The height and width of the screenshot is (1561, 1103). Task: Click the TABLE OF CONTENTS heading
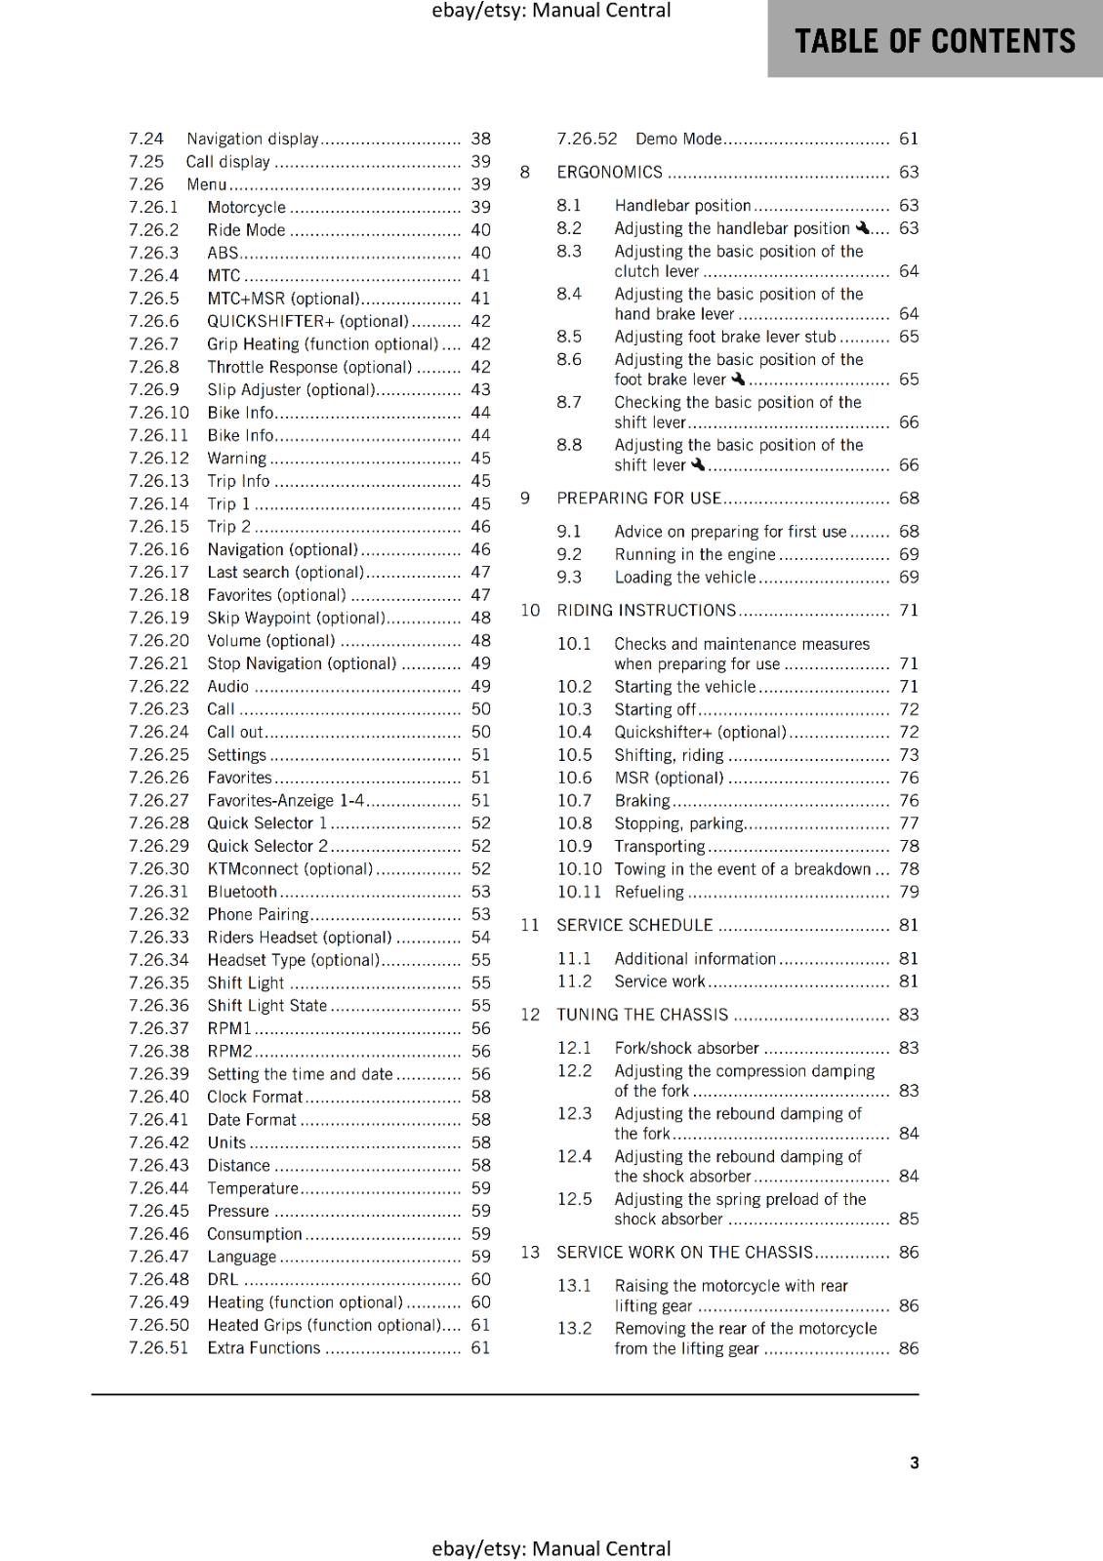click(934, 41)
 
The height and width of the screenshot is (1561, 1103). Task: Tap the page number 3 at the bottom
click(914, 1462)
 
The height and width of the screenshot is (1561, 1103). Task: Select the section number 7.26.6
click(154, 321)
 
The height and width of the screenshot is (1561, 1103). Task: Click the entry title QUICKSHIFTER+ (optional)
click(307, 321)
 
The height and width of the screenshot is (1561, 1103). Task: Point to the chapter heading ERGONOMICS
click(609, 172)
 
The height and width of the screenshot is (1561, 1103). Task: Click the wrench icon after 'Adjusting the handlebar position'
click(862, 228)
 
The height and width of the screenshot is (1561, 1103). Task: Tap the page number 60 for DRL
click(480, 1279)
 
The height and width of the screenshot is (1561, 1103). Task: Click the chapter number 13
click(529, 1252)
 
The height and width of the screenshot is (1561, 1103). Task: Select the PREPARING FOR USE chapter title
click(638, 498)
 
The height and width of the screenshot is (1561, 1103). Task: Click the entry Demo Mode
click(678, 139)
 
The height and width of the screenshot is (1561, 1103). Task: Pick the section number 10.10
click(579, 868)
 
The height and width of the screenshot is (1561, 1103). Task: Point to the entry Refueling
click(649, 892)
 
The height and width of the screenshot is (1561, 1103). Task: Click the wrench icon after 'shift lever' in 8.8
click(697, 464)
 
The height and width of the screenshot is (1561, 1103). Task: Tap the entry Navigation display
click(253, 139)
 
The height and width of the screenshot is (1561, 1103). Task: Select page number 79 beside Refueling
click(909, 892)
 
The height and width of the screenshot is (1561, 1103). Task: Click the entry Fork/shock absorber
click(686, 1048)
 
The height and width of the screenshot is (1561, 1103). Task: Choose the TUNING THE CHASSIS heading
click(642, 1015)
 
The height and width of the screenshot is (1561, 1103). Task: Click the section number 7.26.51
click(158, 1347)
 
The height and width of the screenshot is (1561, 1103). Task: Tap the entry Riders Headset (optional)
click(299, 937)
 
